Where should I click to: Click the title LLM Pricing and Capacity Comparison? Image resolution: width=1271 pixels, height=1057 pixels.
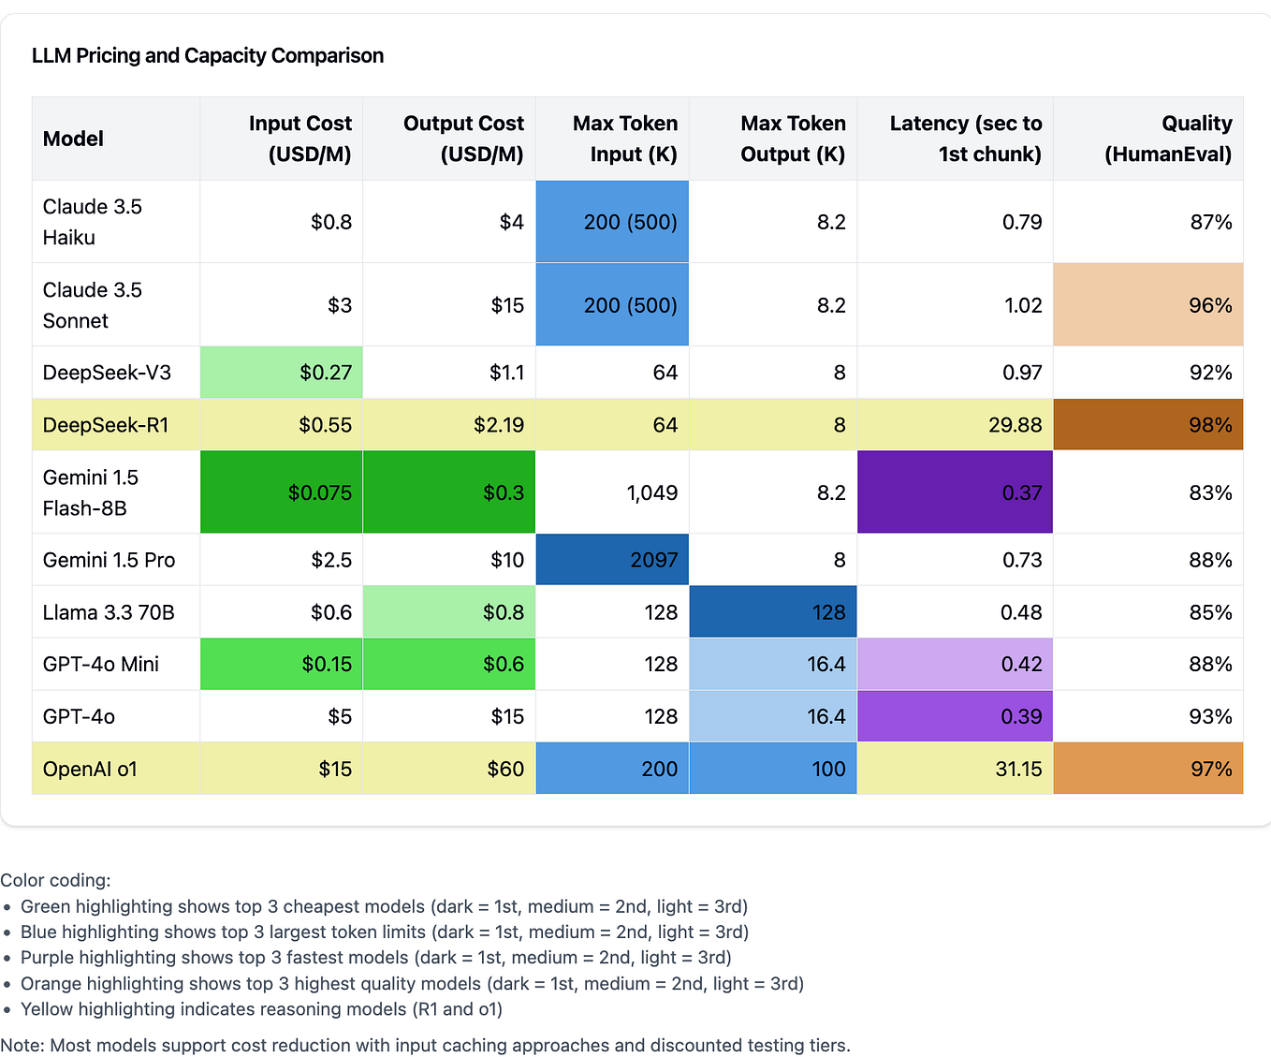[208, 56]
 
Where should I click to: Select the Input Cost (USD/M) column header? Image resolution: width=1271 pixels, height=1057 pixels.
[300, 139]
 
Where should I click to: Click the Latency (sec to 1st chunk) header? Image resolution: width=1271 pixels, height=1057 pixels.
[965, 139]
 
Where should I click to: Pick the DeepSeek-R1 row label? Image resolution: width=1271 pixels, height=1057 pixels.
[106, 425]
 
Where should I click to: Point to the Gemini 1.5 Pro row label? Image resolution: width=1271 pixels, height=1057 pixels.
[109, 560]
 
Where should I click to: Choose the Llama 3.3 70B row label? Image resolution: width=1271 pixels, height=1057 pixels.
[109, 612]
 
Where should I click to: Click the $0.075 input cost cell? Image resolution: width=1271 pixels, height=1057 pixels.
[320, 492]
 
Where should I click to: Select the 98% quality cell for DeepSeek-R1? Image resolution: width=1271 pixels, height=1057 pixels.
[1209, 425]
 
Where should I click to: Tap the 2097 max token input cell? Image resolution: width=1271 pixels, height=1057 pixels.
[653, 560]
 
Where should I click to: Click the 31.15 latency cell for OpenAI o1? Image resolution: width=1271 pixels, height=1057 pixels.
[1018, 769]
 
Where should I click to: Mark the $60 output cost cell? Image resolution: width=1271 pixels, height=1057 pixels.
[505, 769]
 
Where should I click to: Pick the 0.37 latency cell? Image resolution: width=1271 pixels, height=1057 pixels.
[1021, 492]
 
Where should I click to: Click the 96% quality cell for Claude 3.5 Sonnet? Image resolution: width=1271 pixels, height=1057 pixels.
[1209, 305]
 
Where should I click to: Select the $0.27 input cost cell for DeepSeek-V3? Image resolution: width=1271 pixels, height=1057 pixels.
[326, 373]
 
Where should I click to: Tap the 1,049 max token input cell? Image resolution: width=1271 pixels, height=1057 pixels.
[651, 492]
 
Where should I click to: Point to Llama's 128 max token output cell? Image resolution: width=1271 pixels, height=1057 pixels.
[828, 612]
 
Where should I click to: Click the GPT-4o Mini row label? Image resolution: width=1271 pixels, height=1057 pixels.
[101, 664]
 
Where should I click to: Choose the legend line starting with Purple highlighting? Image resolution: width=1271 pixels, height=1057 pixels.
[375, 958]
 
